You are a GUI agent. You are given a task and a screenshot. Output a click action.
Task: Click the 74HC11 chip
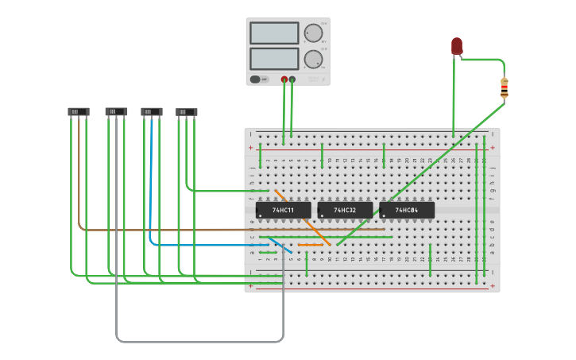[x=283, y=210]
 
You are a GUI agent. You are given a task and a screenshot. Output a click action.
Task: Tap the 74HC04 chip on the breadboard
[x=407, y=210]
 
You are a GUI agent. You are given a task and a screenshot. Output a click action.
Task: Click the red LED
[x=457, y=46]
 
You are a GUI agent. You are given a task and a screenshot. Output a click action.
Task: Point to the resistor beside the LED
[x=504, y=87]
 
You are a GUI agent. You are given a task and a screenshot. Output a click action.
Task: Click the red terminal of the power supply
[x=284, y=79]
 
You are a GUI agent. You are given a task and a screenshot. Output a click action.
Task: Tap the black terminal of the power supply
[x=292, y=79]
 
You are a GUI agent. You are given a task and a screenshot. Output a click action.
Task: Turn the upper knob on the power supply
[x=313, y=33]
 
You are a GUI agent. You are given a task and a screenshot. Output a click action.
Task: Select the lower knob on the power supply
[x=313, y=59]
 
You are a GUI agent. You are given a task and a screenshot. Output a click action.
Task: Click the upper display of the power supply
[x=274, y=33]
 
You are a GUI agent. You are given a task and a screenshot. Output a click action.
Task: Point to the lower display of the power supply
[x=274, y=59]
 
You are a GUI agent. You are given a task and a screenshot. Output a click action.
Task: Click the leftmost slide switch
[x=79, y=112]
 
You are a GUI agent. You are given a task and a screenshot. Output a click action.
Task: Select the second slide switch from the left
[x=116, y=112]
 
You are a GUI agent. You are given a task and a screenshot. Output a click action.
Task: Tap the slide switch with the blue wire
[x=152, y=112]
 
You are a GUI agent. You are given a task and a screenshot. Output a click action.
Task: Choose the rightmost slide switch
[x=187, y=112]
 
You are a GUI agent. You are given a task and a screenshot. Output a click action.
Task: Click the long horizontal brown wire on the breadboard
[x=238, y=230]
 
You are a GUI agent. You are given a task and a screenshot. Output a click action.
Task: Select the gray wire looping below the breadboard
[x=199, y=342]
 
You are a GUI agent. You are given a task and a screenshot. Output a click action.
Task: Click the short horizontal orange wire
[x=311, y=245]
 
